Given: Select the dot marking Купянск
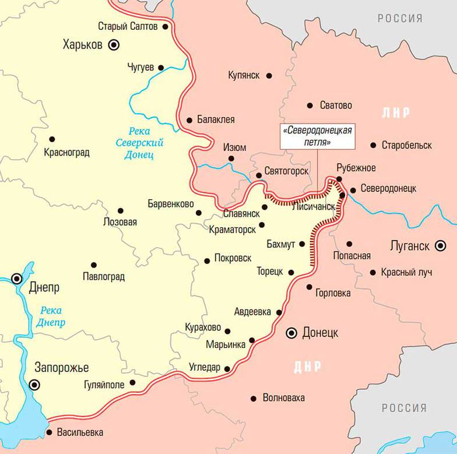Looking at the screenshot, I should click(269, 75).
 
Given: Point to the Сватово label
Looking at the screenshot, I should click(336, 105).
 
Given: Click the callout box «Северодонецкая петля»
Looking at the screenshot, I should click(318, 135).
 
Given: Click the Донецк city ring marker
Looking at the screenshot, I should click(291, 333).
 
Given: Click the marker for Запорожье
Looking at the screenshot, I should click(35, 384).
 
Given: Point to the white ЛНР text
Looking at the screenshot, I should click(396, 112).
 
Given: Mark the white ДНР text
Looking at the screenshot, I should click(307, 367).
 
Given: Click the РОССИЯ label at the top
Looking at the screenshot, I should click(400, 19).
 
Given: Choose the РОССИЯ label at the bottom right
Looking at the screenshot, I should click(405, 408).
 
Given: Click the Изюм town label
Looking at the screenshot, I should click(235, 147).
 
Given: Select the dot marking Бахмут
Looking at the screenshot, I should click(302, 244).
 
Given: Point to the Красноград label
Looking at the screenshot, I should click(66, 153).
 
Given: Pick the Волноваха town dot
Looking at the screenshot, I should click(253, 399).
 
